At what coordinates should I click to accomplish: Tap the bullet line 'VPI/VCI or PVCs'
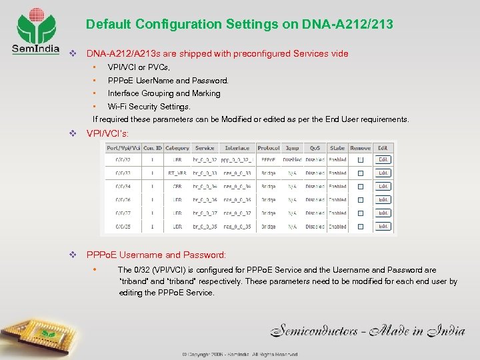[x=139, y=67]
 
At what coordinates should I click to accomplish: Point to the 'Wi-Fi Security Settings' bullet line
[x=149, y=106]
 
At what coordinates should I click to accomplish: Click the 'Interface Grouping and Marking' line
[x=163, y=93]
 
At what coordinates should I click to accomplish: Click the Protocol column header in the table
[x=268, y=148]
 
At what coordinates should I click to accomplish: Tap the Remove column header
[x=360, y=148]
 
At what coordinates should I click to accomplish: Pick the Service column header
[x=205, y=148]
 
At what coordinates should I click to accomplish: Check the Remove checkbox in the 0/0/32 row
[x=360, y=160]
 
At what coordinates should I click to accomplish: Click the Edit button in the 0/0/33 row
[x=383, y=173]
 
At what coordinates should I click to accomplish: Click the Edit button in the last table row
[x=383, y=226]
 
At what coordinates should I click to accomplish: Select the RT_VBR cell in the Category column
[x=177, y=173]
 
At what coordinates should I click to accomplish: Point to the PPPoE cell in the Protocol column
[x=268, y=160]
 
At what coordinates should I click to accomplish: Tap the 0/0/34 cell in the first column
[x=123, y=186]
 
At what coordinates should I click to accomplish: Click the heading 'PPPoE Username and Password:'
[x=156, y=255]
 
